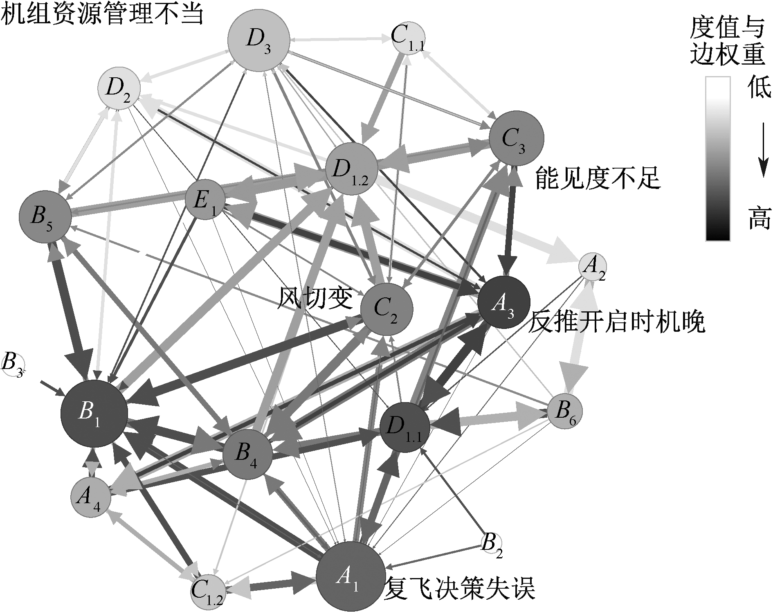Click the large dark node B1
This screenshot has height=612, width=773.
point(94,414)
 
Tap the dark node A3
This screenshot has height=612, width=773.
point(503,302)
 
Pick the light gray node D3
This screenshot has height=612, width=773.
point(259,40)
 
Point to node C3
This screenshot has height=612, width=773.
point(516,138)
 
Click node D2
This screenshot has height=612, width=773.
point(119,89)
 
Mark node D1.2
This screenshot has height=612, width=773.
point(351,169)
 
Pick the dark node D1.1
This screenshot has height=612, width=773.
point(405,427)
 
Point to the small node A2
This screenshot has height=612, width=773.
point(592,268)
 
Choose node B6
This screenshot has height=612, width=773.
point(564,412)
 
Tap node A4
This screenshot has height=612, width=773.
point(90,497)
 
